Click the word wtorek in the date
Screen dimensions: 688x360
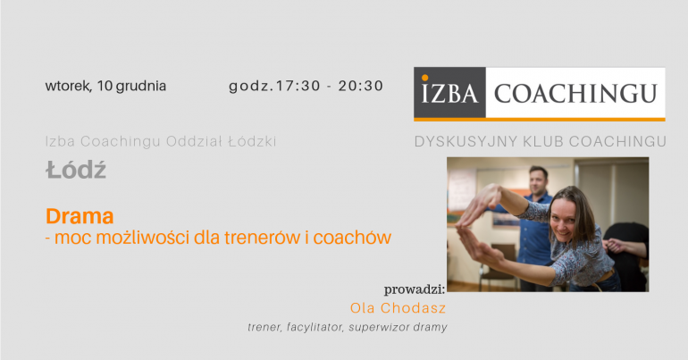68,86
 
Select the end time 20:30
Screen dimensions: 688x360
361,86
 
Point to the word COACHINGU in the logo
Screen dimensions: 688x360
575,94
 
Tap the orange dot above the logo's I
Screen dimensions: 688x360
424,78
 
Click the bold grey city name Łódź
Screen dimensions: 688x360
76,170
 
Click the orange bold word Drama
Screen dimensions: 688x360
80,216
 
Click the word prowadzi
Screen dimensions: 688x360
415,289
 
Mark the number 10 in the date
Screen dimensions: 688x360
105,86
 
